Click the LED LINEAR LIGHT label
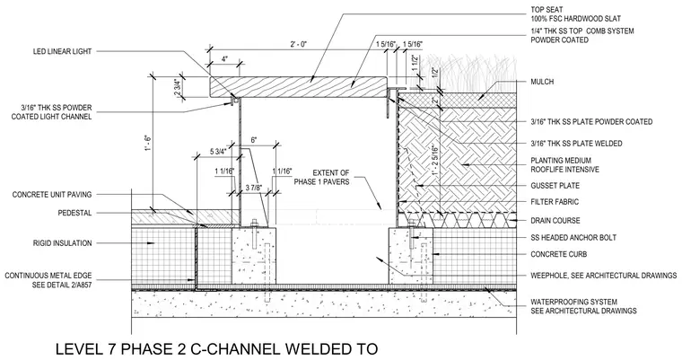point(62,51)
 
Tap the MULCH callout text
point(542,82)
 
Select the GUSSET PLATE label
point(555,186)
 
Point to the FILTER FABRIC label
point(555,202)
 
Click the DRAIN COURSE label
point(555,221)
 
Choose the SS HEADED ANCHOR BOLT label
point(573,238)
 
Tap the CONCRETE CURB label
point(558,254)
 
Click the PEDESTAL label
point(74,214)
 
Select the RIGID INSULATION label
point(62,243)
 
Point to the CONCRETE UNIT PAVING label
point(52,195)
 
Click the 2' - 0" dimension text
point(298,44)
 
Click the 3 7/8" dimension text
point(253,188)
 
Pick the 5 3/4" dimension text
point(218,152)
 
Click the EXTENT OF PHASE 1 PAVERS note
point(322,177)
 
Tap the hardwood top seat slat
point(298,87)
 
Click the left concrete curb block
point(254,255)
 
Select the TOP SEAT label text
point(546,10)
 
